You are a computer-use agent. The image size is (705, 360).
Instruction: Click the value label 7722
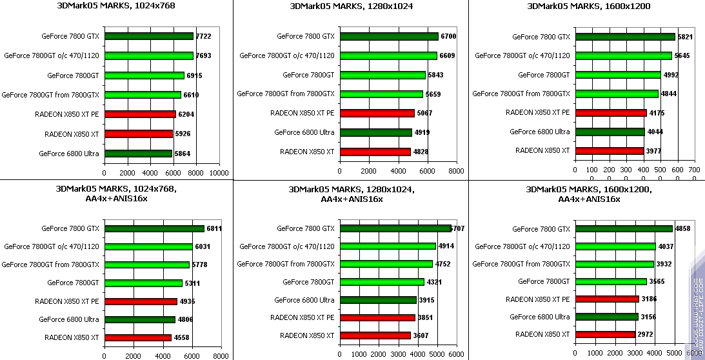coord(203,36)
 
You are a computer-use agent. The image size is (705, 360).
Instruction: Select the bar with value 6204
coord(140,114)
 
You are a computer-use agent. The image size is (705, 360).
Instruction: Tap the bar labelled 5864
coord(138,154)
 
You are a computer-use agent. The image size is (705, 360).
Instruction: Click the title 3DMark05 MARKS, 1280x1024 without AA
coord(350,6)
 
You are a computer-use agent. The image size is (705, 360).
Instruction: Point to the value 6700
coord(448,36)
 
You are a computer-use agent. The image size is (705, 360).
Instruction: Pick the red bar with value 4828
coord(375,152)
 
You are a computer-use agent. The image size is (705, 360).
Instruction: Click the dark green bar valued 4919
coord(376,132)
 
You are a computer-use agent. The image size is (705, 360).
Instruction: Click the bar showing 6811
coord(154,228)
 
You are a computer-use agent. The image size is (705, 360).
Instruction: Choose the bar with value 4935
coord(141,301)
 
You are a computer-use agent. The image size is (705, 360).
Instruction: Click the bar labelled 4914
coord(388,246)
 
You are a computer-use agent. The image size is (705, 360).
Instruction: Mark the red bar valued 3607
coord(375,335)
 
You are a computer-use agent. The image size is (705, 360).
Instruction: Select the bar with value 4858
coord(624,228)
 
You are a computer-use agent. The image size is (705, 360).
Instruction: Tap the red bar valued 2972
coord(605,334)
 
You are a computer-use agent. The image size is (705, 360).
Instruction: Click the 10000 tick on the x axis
coord(219,173)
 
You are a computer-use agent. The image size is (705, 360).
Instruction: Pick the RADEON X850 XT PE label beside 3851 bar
coord(303,317)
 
